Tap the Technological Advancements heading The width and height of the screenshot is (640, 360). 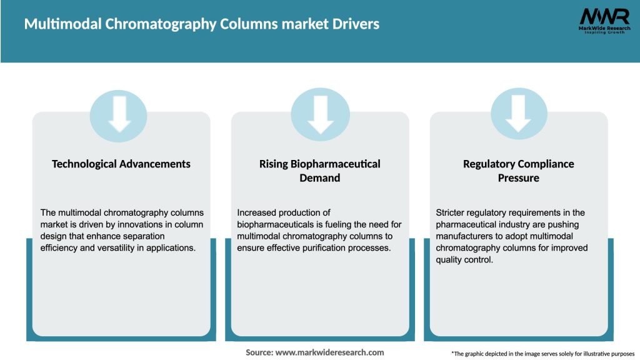(x=121, y=164)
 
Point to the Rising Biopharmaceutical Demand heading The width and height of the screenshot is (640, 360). (x=319, y=171)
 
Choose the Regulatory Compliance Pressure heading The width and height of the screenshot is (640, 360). (x=518, y=171)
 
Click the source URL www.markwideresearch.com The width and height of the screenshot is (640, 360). (x=329, y=352)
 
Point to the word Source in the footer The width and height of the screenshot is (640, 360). (x=259, y=352)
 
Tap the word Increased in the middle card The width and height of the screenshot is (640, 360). (x=257, y=212)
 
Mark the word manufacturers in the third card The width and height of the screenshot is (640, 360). (x=466, y=236)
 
